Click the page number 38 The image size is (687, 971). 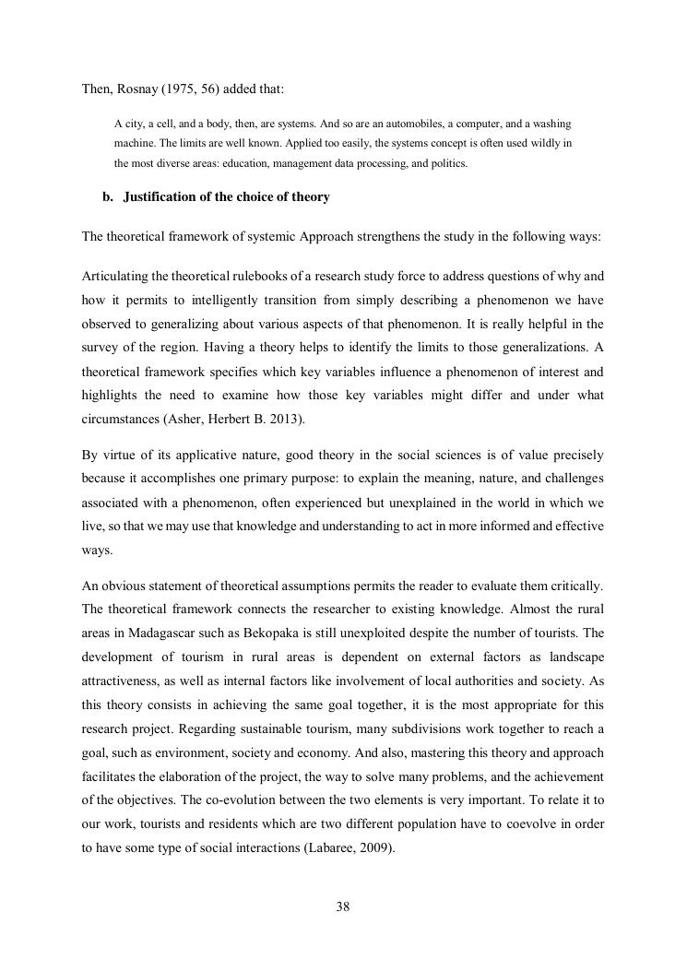tap(343, 907)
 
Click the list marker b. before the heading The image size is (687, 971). tap(108, 197)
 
